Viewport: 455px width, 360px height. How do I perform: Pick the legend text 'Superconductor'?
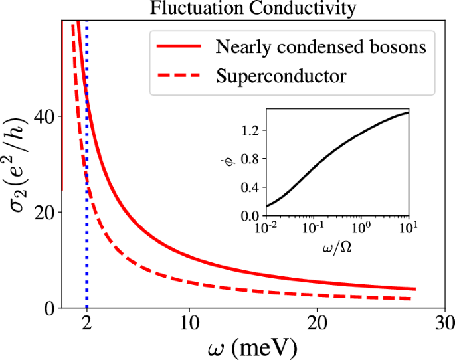click(281, 76)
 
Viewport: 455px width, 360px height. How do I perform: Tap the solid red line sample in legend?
click(177, 47)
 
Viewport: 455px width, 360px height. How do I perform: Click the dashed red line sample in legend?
click(177, 76)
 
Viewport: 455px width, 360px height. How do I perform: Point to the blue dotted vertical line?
click(87, 252)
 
